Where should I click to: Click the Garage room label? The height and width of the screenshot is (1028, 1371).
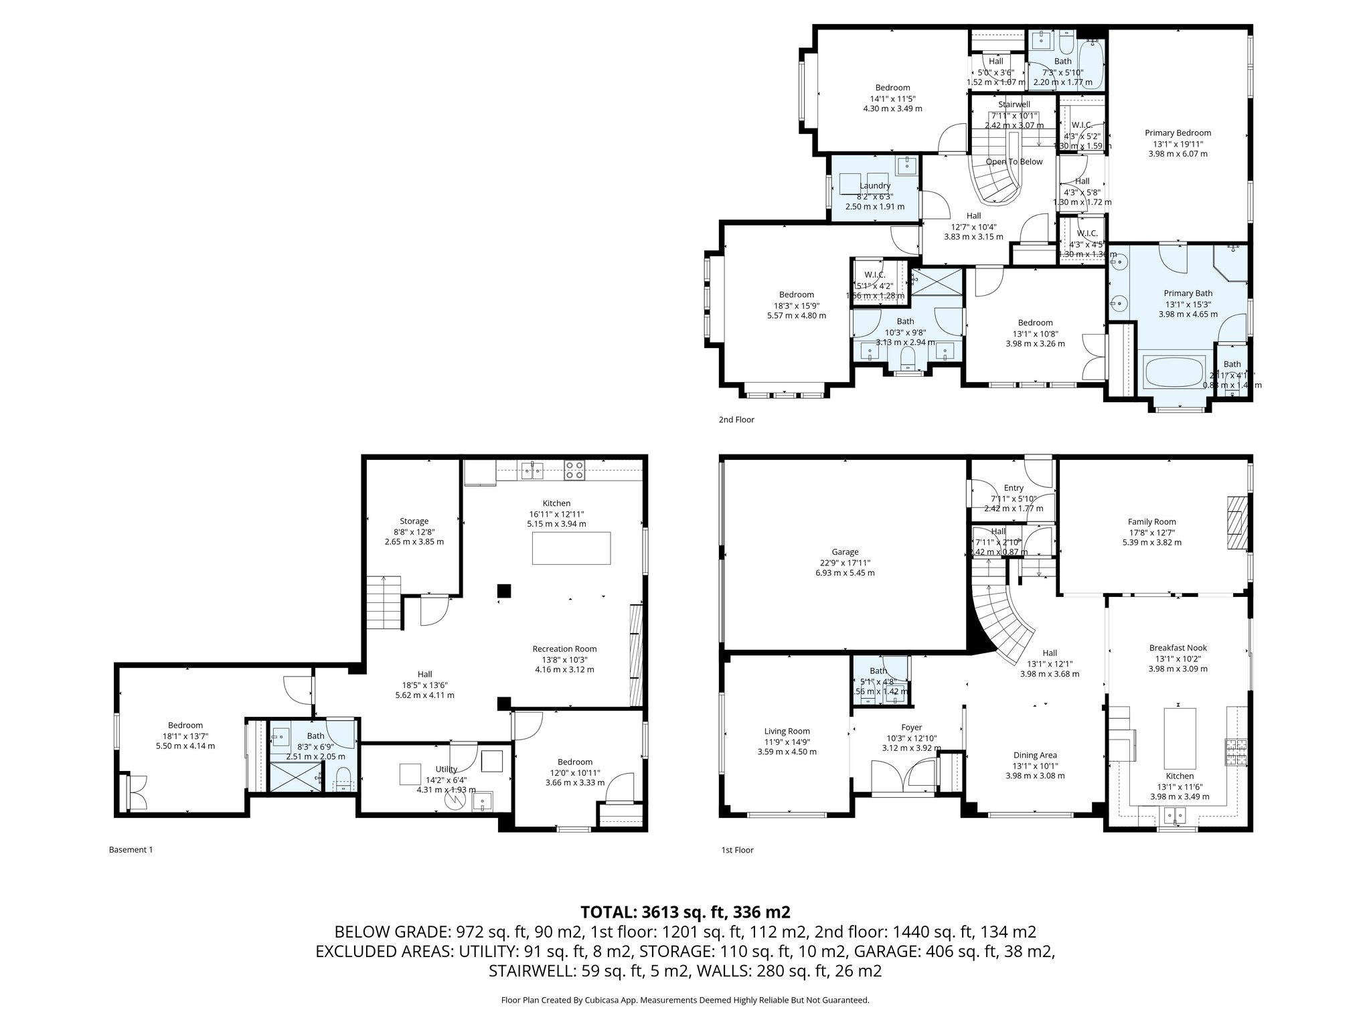point(845,552)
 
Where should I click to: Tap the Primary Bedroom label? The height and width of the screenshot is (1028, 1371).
point(1178,133)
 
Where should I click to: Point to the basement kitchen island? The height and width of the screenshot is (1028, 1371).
point(571,548)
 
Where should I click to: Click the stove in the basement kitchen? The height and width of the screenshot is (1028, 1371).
point(574,470)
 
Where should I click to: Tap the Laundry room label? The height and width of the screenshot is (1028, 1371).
point(874,186)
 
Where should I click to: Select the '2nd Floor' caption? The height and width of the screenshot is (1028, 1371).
point(736,420)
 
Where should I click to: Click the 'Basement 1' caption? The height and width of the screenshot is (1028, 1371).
point(131,850)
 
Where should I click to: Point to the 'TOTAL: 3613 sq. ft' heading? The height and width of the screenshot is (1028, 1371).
point(685,912)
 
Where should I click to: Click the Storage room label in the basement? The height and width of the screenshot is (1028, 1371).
point(414,521)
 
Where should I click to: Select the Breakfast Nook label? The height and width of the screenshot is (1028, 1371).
point(1178,648)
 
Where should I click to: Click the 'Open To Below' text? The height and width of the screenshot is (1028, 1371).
point(1014,161)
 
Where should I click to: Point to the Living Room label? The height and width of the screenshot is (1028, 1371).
point(787,732)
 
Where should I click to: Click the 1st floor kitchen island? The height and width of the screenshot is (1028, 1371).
point(1180,738)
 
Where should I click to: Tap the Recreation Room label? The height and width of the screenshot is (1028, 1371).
point(564,649)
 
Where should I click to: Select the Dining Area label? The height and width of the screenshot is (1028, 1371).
point(1035,755)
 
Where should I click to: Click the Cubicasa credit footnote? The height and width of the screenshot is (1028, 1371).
point(685,1000)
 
